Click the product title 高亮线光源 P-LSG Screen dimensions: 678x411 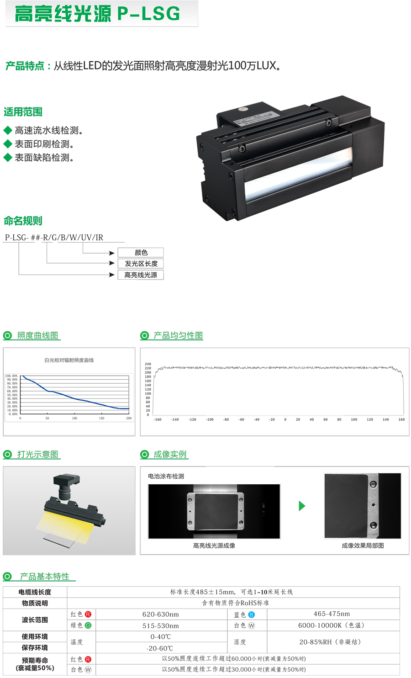tap(97, 14)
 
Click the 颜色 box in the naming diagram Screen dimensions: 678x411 tap(141, 253)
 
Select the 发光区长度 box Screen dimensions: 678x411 tap(141, 264)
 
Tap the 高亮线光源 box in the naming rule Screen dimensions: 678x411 tap(141, 275)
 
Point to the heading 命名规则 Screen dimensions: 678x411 tap(23, 221)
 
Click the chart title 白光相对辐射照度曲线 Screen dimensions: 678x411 tap(69, 360)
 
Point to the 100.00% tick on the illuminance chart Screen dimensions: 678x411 tap(12, 376)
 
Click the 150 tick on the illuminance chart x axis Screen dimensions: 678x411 tap(101, 418)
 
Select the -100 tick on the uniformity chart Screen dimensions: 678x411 tap(209, 419)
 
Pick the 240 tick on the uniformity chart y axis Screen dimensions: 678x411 tap(148, 364)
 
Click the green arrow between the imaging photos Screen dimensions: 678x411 tap(301, 506)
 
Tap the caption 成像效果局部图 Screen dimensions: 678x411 tap(363, 546)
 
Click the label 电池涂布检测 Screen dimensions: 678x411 tap(166, 476)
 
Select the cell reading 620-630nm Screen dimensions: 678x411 tap(161, 614)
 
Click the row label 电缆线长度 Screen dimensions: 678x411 tap(35, 592)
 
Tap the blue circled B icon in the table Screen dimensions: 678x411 tap(251, 615)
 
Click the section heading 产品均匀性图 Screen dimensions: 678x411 tap(178, 336)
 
